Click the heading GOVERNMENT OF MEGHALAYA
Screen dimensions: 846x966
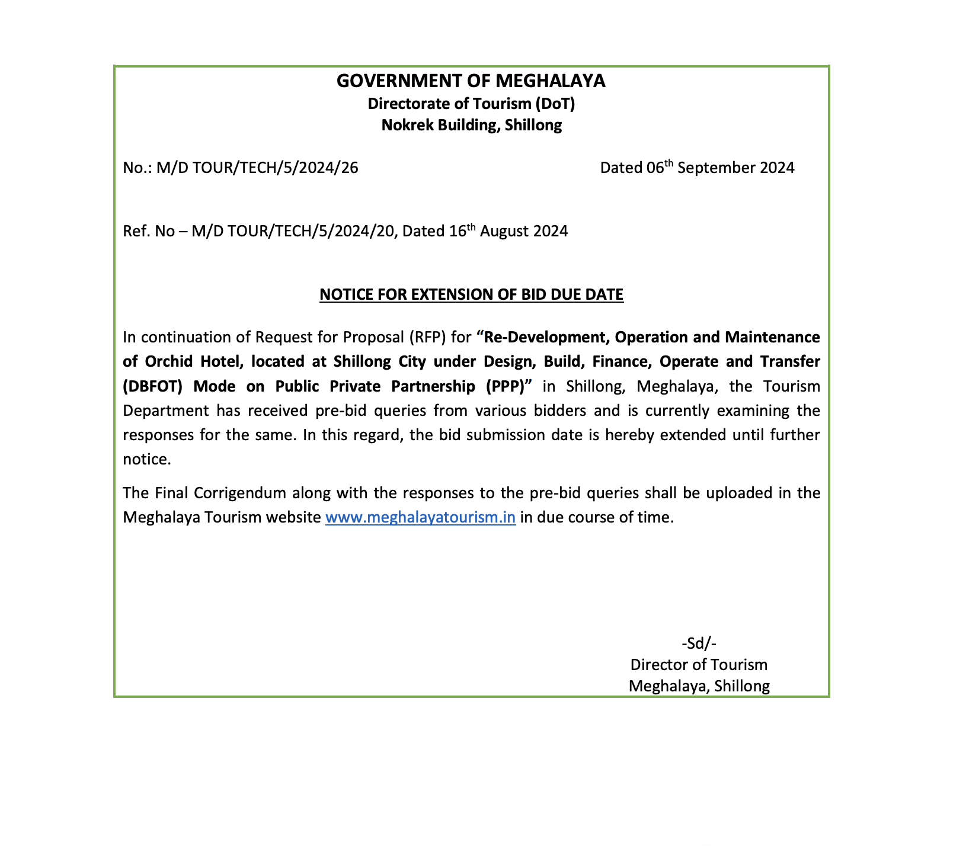(x=471, y=81)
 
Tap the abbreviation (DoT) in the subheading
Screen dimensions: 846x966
(x=555, y=104)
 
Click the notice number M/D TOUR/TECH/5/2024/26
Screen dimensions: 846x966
(x=257, y=168)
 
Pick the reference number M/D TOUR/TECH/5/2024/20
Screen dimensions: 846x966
(x=293, y=231)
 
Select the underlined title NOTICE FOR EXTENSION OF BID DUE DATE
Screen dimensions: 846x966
(x=471, y=294)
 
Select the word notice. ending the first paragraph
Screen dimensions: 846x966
(x=146, y=459)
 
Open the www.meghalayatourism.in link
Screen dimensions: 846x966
(x=420, y=517)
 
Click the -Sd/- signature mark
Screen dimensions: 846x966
(x=699, y=643)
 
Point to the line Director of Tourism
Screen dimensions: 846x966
(x=699, y=665)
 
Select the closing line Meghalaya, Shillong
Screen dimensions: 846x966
(x=699, y=686)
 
